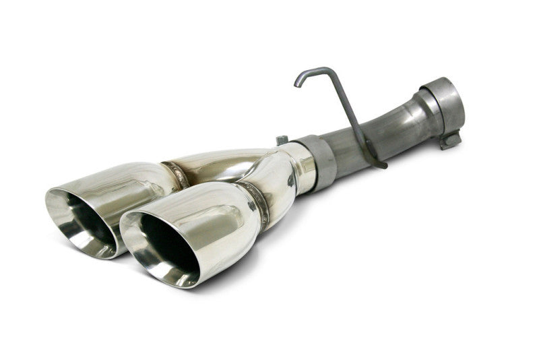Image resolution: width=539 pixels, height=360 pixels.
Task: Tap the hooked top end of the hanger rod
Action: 298,81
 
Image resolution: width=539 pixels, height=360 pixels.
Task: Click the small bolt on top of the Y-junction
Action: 282,140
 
